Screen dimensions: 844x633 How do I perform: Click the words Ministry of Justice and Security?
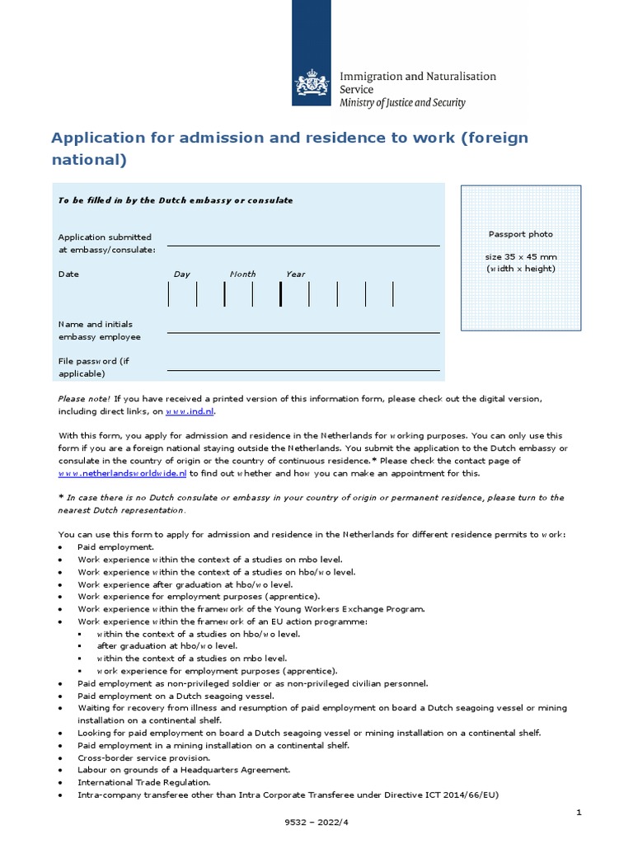(x=402, y=103)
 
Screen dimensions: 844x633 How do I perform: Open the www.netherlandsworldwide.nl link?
(x=122, y=474)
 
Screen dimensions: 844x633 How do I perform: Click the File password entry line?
(x=302, y=368)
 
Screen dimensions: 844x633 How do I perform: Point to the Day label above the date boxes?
(x=181, y=274)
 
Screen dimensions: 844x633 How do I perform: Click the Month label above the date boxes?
(x=242, y=274)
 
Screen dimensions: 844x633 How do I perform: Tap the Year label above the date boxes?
(x=295, y=274)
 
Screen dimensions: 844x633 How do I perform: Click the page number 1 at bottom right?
(x=579, y=813)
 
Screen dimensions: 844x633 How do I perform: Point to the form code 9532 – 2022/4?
(x=316, y=832)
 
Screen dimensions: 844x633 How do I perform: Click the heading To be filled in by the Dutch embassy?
(x=175, y=200)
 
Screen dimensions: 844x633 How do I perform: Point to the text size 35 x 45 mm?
(x=520, y=257)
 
